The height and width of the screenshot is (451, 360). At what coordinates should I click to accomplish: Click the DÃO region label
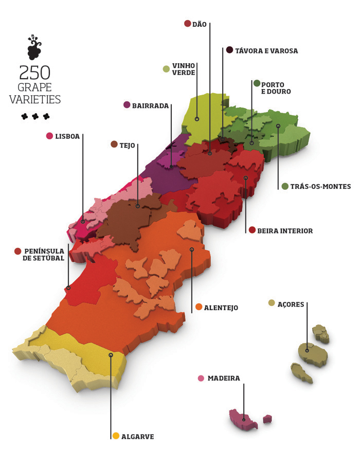click(200, 24)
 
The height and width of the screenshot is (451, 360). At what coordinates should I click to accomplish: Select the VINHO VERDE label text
click(184, 69)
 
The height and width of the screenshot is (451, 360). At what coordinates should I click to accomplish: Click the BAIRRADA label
click(150, 105)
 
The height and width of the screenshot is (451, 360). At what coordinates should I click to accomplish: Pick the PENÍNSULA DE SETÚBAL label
click(44, 255)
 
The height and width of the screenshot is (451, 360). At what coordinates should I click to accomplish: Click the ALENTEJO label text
click(221, 308)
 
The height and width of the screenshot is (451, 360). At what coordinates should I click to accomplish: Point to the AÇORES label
click(291, 303)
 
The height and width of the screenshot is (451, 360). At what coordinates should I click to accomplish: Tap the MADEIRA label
click(224, 378)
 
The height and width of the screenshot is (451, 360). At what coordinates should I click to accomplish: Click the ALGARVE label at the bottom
click(137, 437)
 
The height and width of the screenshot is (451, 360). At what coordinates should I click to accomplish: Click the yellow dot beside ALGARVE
click(116, 436)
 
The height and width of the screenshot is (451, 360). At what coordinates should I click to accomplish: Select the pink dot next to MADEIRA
click(201, 378)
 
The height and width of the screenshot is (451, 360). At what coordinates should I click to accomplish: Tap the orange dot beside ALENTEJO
click(199, 308)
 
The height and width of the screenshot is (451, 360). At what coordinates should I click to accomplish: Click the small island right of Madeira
click(267, 419)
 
